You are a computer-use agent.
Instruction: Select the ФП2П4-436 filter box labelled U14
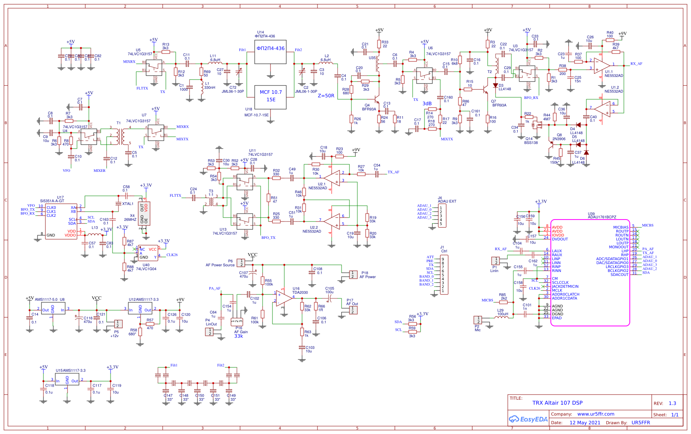270,52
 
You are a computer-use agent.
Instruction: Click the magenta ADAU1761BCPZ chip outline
590,272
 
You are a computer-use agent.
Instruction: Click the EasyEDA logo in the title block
528,419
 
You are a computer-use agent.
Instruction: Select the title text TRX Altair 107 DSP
557,403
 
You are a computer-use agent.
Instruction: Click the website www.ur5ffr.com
595,414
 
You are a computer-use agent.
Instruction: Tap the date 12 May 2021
584,423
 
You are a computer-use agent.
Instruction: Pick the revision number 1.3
672,403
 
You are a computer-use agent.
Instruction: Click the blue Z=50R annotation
326,96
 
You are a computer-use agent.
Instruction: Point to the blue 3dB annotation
427,104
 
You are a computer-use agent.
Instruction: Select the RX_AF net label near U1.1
636,64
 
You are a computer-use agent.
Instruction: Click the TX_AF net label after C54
393,172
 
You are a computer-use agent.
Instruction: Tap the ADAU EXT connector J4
443,216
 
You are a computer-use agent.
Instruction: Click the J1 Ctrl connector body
444,275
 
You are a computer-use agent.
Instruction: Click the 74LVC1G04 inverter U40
148,253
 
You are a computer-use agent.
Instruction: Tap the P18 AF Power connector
353,274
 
